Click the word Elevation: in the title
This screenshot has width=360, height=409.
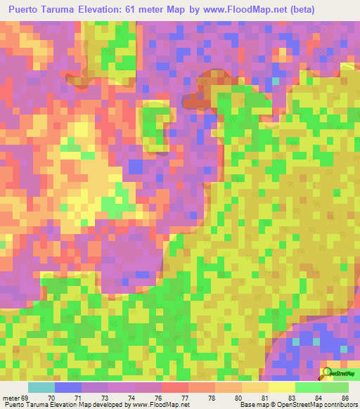(x=121, y=10)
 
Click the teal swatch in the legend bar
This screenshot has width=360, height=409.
(x=41, y=387)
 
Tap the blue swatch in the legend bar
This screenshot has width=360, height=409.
(x=68, y=387)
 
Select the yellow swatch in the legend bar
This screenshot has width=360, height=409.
(x=281, y=387)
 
